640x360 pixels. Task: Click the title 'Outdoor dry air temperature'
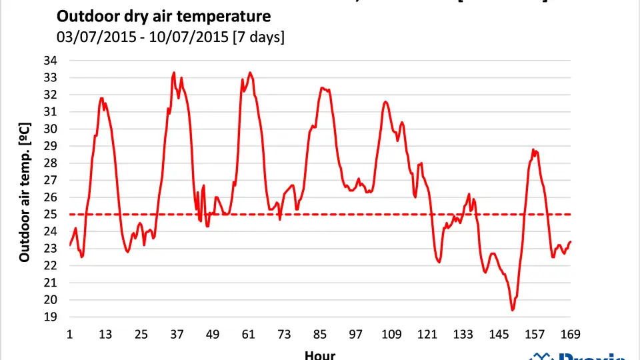(x=163, y=15)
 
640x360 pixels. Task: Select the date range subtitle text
(x=171, y=37)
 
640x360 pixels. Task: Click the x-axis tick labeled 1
(x=70, y=334)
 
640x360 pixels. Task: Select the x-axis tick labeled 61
(x=248, y=334)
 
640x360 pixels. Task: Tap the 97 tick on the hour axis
(x=355, y=334)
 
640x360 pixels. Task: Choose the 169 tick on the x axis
(x=571, y=334)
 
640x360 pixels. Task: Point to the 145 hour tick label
(x=498, y=334)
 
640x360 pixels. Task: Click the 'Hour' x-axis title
(x=320, y=355)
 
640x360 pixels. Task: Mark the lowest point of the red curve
(x=513, y=310)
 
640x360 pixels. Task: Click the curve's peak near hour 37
(x=174, y=73)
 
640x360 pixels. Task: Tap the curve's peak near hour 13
(x=101, y=98)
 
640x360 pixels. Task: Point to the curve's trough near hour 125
(x=439, y=262)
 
